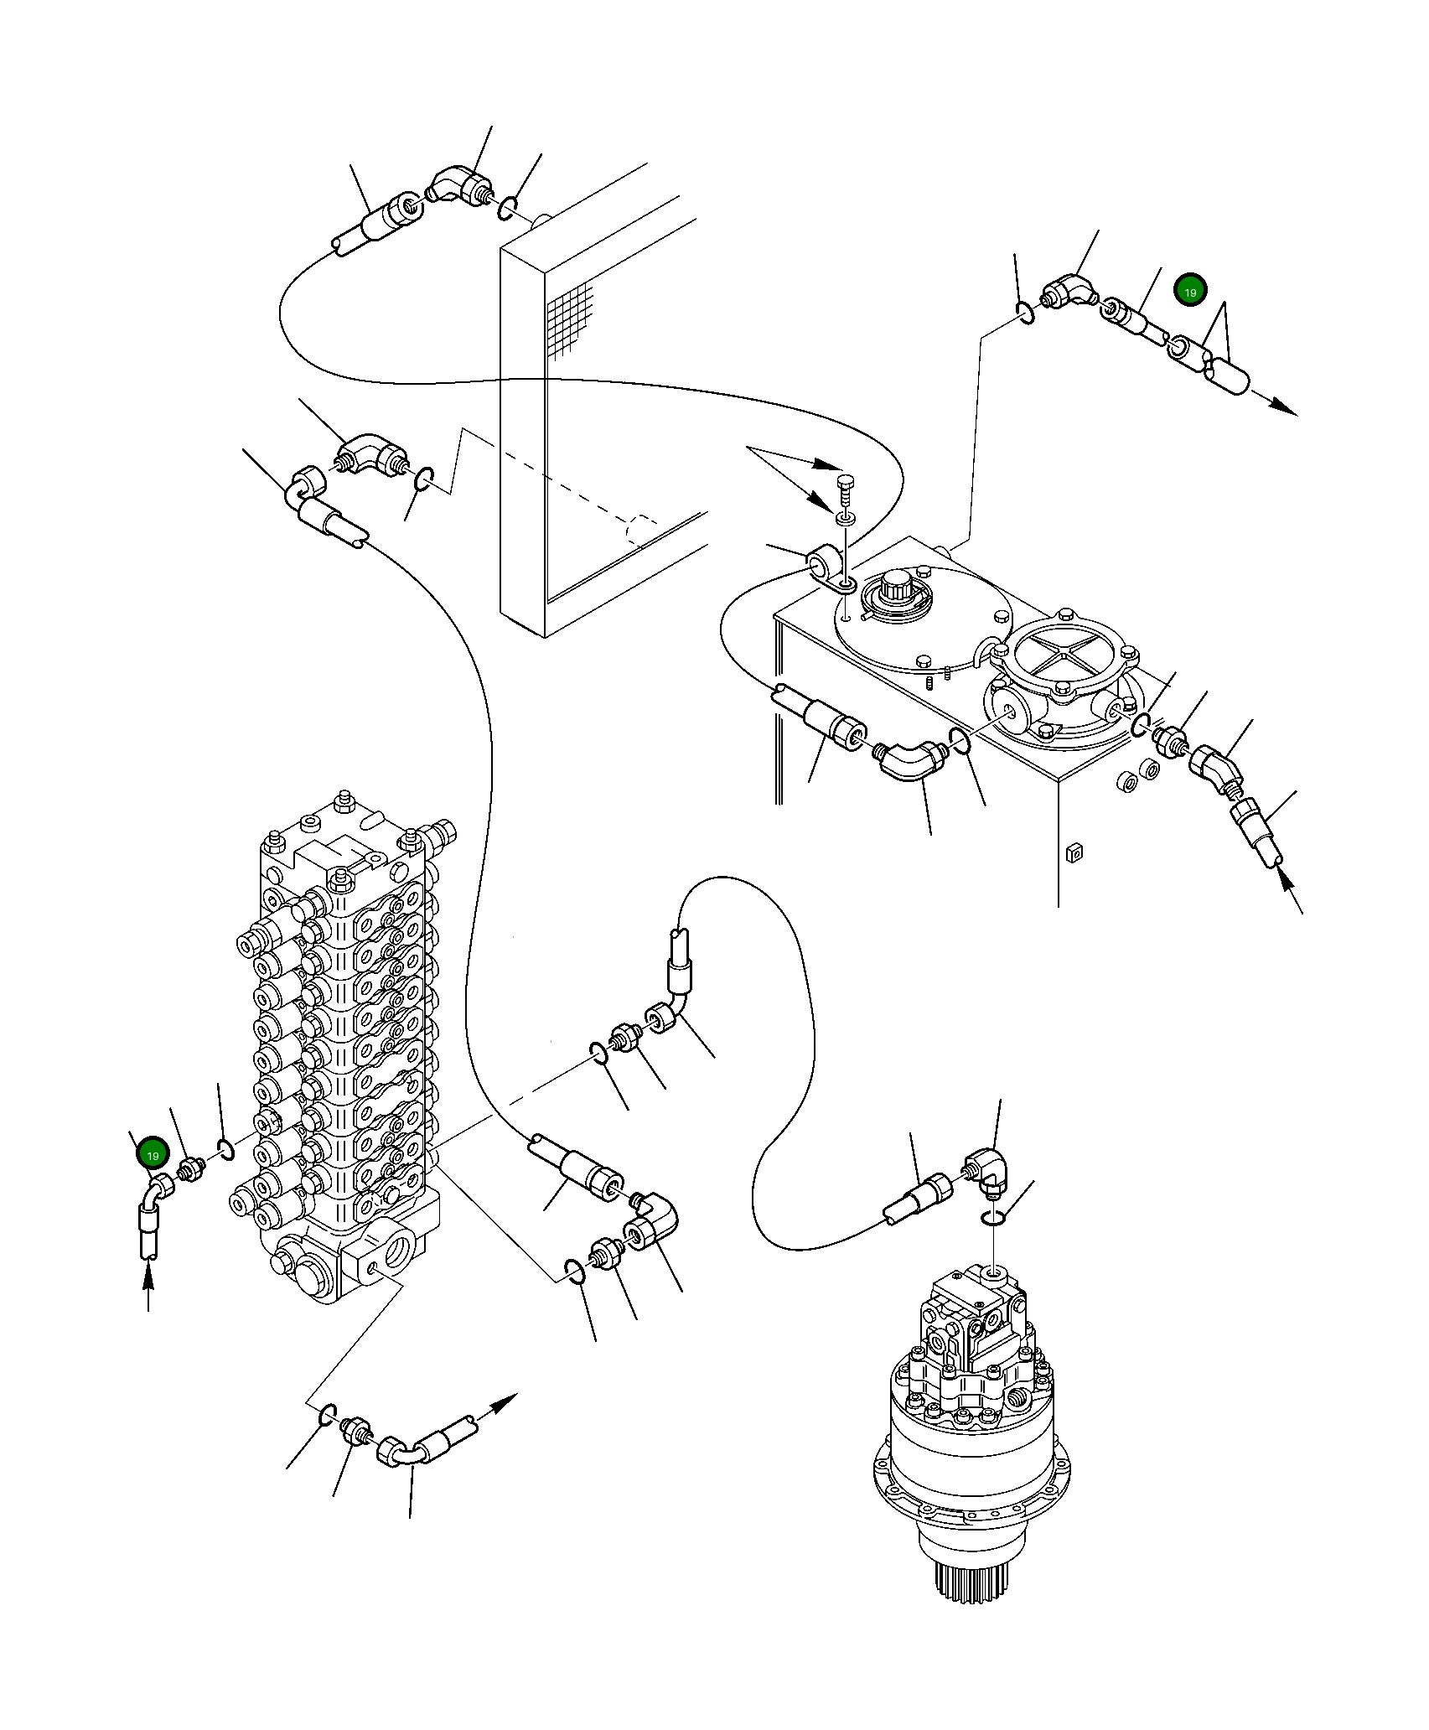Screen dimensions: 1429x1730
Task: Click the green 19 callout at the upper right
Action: tap(1190, 292)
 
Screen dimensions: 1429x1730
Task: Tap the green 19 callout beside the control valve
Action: tap(153, 1156)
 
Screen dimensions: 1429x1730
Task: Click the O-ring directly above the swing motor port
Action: tap(992, 1219)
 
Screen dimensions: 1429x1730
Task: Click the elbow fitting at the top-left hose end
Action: tap(458, 187)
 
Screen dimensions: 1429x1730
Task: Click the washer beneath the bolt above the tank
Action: tap(846, 520)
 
